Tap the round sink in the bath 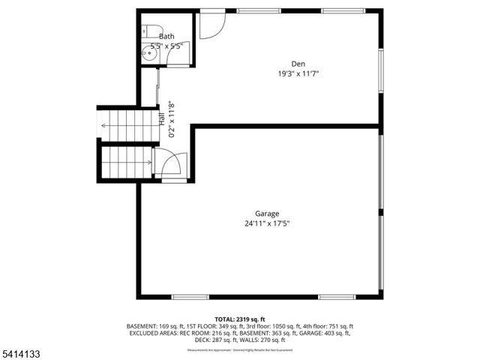tap(147, 53)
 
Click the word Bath tap(166, 36)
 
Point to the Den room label tap(298, 63)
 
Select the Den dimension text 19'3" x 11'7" tap(298, 73)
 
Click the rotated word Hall tap(161, 118)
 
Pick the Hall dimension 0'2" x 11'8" tap(172, 119)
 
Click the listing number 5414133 tap(22, 351)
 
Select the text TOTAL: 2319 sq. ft tap(240, 319)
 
